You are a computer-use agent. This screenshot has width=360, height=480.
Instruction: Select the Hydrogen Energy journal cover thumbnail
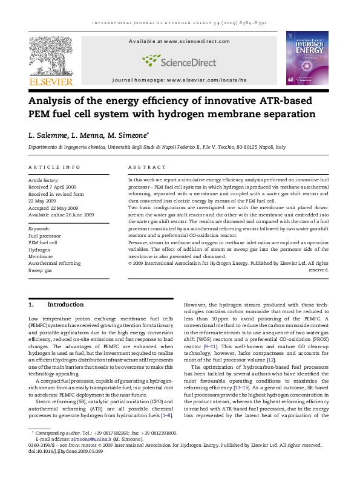(307, 58)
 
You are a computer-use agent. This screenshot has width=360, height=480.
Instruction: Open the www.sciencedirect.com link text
(197, 41)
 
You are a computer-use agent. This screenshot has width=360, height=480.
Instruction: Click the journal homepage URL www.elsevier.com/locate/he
(208, 80)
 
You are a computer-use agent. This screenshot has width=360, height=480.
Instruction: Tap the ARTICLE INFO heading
(54, 167)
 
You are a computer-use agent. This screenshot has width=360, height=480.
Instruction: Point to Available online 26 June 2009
(62, 215)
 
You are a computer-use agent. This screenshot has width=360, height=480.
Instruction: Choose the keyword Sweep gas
(41, 270)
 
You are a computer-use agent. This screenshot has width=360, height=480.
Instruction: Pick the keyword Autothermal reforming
(54, 264)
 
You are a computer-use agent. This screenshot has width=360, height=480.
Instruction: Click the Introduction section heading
(65, 304)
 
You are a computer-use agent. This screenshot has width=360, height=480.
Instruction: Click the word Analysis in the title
(53, 100)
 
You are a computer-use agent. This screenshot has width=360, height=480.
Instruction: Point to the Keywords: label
(41, 229)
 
